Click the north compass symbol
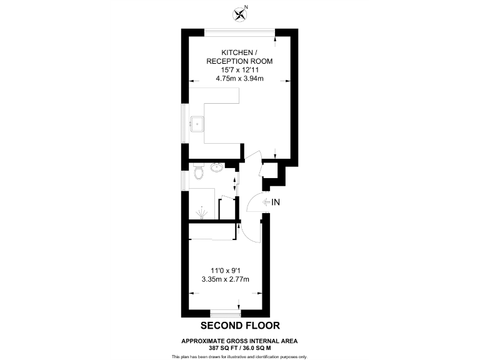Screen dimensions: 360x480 click(x=239, y=12)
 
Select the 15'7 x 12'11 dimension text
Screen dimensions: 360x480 click(x=240, y=70)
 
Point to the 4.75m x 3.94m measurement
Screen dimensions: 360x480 click(x=240, y=79)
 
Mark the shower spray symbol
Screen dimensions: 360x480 click(x=201, y=212)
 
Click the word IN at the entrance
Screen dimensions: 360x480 click(x=276, y=202)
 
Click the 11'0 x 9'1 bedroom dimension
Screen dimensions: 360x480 click(x=226, y=270)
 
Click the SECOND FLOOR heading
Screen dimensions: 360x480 click(x=239, y=326)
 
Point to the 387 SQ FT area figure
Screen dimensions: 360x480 click(x=220, y=347)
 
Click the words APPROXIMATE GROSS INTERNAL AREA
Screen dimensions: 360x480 click(x=239, y=341)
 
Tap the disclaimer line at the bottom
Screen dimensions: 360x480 click(x=239, y=356)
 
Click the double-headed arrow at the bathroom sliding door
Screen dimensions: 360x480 click(x=234, y=183)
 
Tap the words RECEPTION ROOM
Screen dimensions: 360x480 click(x=240, y=61)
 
